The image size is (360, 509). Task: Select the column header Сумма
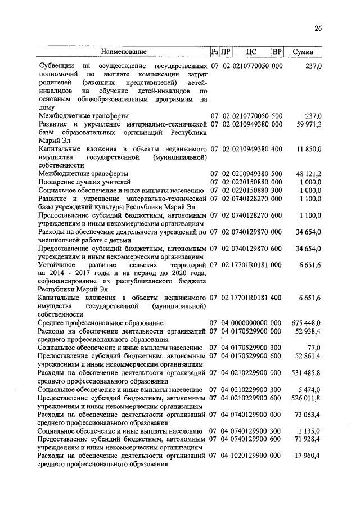coord(303,52)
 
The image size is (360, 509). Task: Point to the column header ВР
coord(276,52)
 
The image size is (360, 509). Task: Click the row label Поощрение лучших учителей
coord(84,182)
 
